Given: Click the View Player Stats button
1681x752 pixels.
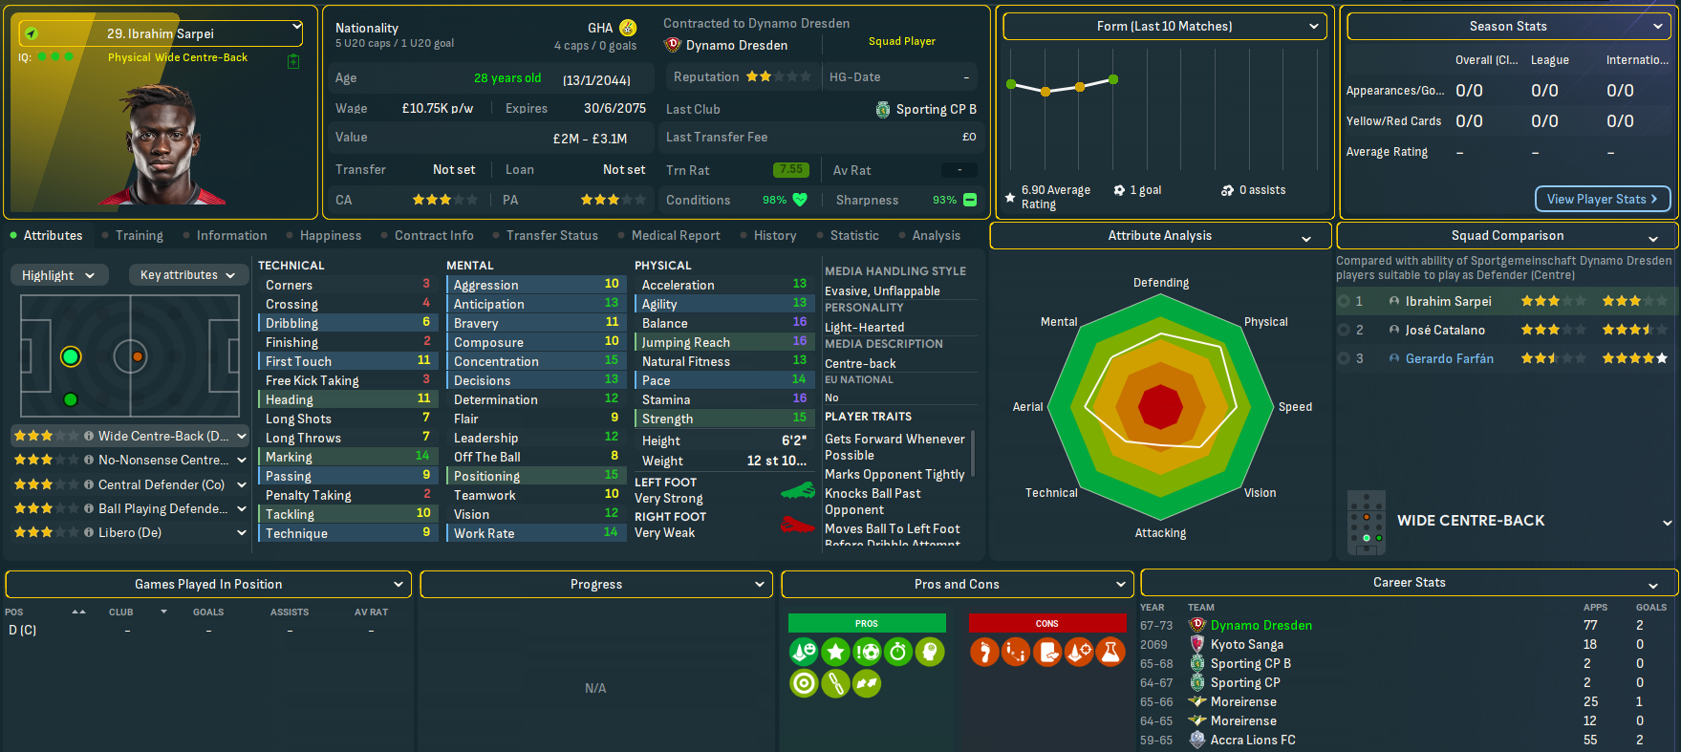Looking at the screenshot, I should pos(1603,199).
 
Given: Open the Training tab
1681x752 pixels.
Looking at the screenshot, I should pos(139,235).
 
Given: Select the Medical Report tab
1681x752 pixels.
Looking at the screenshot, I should pos(676,235).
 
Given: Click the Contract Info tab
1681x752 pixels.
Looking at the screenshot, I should pos(434,235).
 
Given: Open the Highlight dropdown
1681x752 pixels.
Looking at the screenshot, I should pos(58,275).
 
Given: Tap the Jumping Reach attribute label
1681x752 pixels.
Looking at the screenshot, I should pos(685,342).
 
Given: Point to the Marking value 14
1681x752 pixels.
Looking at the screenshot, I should pos(421,457).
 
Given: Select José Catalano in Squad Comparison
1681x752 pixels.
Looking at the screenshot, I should pos(1444,331).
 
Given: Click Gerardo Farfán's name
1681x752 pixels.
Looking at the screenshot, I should pos(1449,359).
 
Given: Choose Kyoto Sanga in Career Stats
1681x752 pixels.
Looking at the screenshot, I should pos(1246,645).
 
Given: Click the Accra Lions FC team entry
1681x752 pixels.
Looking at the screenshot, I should pos(1252,741).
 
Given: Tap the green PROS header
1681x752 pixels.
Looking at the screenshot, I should pos(867,623).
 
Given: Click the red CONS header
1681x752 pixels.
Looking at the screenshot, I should pos(1046,623).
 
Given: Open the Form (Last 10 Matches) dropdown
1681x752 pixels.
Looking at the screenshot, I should pos(1165,27).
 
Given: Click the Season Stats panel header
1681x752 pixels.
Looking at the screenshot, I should pos(1508,27).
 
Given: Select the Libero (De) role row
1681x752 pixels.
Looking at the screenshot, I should pos(130,532).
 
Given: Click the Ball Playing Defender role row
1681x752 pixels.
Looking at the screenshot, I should pos(162,508).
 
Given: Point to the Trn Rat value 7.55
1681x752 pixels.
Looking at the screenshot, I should pos(790,170).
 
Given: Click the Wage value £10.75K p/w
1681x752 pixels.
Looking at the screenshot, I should pos(437,109).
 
